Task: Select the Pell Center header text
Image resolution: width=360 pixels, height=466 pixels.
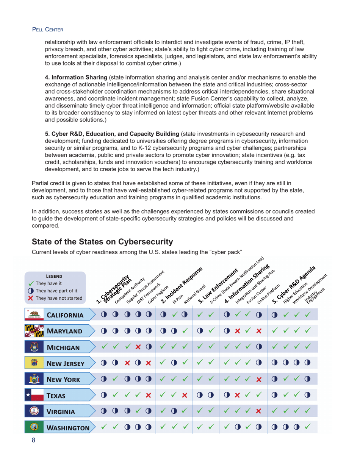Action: (47, 29)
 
